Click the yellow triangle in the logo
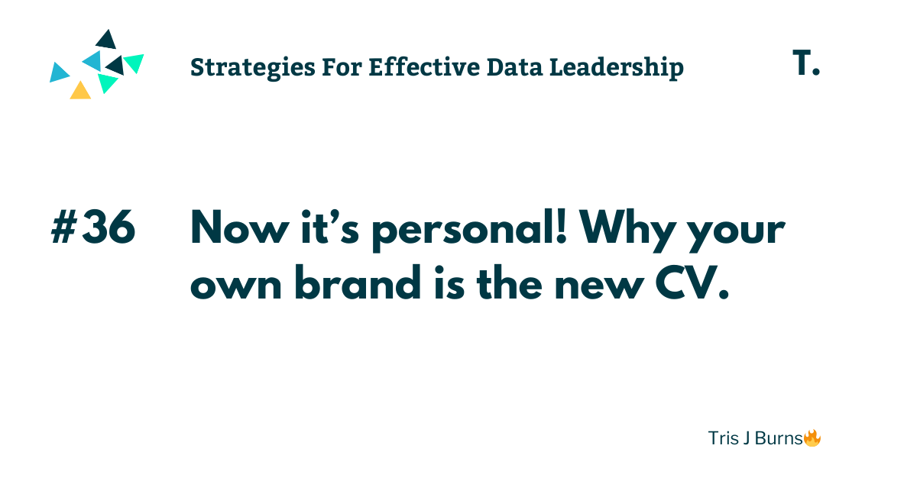pos(80,91)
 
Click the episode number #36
pos(93,228)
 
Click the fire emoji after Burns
pos(812,438)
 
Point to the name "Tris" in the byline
pos(722,439)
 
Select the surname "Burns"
pos(776,439)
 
